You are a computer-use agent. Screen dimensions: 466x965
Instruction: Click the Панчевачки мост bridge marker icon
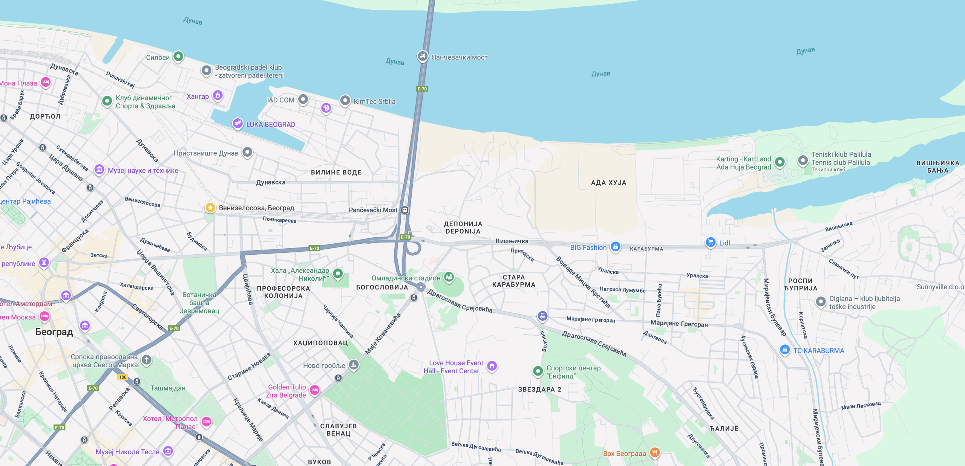[x=423, y=56]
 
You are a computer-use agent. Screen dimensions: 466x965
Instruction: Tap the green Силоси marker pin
[x=178, y=57]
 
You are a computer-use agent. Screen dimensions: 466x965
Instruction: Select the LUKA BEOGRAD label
[x=270, y=124]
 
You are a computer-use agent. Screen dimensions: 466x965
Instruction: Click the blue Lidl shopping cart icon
[x=711, y=242]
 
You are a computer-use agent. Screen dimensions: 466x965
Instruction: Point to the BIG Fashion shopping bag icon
[x=616, y=247]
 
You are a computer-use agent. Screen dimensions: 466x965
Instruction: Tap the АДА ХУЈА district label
[x=608, y=183]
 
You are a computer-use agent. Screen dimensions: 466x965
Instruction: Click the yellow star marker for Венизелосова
[x=210, y=208]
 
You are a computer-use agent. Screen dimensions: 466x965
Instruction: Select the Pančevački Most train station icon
[x=404, y=210]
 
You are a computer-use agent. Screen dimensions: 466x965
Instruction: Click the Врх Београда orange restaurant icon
[x=655, y=452]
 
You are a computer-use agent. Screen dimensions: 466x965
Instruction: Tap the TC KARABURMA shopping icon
[x=785, y=350]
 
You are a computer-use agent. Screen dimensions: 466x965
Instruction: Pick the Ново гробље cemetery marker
[x=354, y=365]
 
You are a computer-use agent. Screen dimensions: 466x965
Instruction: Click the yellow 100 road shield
[x=123, y=377]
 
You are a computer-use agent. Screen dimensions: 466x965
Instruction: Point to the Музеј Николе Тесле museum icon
[x=168, y=451]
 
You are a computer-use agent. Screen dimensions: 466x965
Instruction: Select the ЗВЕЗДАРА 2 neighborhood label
[x=539, y=390]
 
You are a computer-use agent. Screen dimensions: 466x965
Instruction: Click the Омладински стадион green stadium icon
[x=449, y=277]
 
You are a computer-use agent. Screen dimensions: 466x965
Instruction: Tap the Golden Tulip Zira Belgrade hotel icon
[x=315, y=390]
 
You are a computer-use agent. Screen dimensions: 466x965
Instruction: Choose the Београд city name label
[x=54, y=332]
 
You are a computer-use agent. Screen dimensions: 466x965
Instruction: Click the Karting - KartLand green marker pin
[x=780, y=162]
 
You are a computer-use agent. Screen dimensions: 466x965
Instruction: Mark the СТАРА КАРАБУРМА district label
[x=513, y=281]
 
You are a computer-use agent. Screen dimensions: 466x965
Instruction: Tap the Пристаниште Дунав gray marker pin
[x=247, y=152]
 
